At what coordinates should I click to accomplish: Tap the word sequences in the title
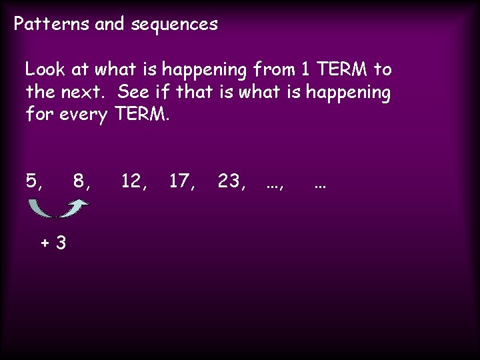point(175,25)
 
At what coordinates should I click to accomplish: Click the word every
point(83,115)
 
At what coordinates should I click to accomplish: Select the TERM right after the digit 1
point(339,69)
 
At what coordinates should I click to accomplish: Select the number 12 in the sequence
point(132,181)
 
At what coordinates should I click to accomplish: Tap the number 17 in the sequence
point(181,181)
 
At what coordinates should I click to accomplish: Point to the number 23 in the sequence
point(229,181)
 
